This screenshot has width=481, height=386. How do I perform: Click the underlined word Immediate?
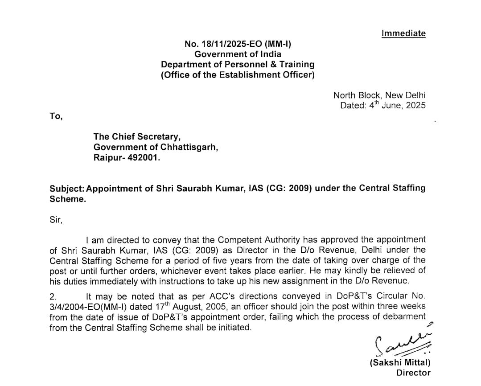point(403,33)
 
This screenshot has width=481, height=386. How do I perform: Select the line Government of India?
point(238,54)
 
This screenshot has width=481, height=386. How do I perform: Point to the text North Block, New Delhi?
point(379,95)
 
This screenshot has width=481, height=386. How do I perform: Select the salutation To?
point(56,116)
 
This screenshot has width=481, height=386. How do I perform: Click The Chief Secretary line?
point(137,137)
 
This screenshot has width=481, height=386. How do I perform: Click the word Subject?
point(67,188)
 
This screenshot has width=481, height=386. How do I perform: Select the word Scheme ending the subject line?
point(67,199)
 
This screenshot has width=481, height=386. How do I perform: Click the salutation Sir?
point(56,220)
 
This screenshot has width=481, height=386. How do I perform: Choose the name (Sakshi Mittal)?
point(400,363)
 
